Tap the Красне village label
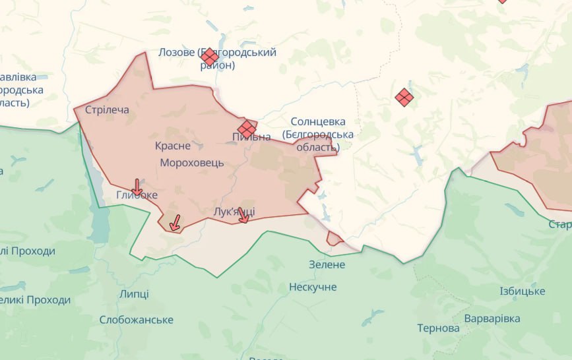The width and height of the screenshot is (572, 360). point(173,146)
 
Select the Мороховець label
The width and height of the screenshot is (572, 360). point(192,162)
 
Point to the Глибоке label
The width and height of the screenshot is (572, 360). point(137,195)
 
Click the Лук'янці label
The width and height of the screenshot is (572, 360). point(235,211)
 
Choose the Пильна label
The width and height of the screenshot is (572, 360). point(251,137)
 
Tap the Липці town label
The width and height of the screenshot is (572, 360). point(135,294)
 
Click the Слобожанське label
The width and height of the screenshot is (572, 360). point(137,320)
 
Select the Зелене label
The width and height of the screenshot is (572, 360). point(327,264)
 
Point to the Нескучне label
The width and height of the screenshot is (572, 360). point(313,287)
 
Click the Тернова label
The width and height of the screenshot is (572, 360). point(439,328)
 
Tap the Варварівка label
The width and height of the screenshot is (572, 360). point(492,318)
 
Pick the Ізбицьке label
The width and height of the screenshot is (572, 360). point(522,291)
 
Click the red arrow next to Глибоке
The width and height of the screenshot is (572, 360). point(137,187)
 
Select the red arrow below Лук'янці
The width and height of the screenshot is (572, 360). point(243,217)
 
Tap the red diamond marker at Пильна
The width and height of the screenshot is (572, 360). point(247,129)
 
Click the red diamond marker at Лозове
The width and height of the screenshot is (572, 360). point(210,57)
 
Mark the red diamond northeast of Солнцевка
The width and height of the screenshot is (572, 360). point(404,98)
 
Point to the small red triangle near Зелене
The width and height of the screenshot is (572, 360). point(334,239)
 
